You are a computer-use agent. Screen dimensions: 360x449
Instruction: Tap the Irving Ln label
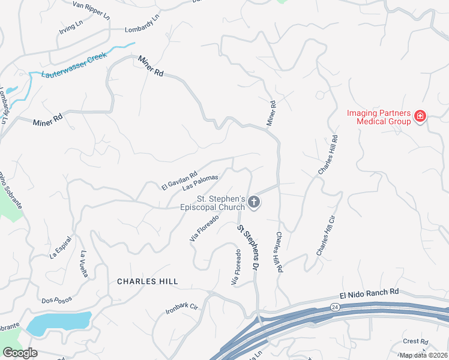point(71,26)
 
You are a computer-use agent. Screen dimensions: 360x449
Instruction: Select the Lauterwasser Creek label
point(73,65)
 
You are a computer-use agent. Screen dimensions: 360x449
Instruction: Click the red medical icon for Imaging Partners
point(420,116)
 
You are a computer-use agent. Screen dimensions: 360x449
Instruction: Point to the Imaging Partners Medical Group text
point(379,117)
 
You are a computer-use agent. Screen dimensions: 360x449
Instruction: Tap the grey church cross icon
point(254,202)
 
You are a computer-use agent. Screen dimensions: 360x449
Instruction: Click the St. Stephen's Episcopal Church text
point(213,203)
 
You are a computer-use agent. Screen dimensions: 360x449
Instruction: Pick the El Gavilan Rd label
point(179,182)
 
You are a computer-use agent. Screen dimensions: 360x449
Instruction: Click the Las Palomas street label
point(200,182)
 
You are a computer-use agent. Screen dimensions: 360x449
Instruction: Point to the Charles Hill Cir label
point(323,235)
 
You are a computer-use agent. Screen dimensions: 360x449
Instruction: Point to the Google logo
point(20,353)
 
